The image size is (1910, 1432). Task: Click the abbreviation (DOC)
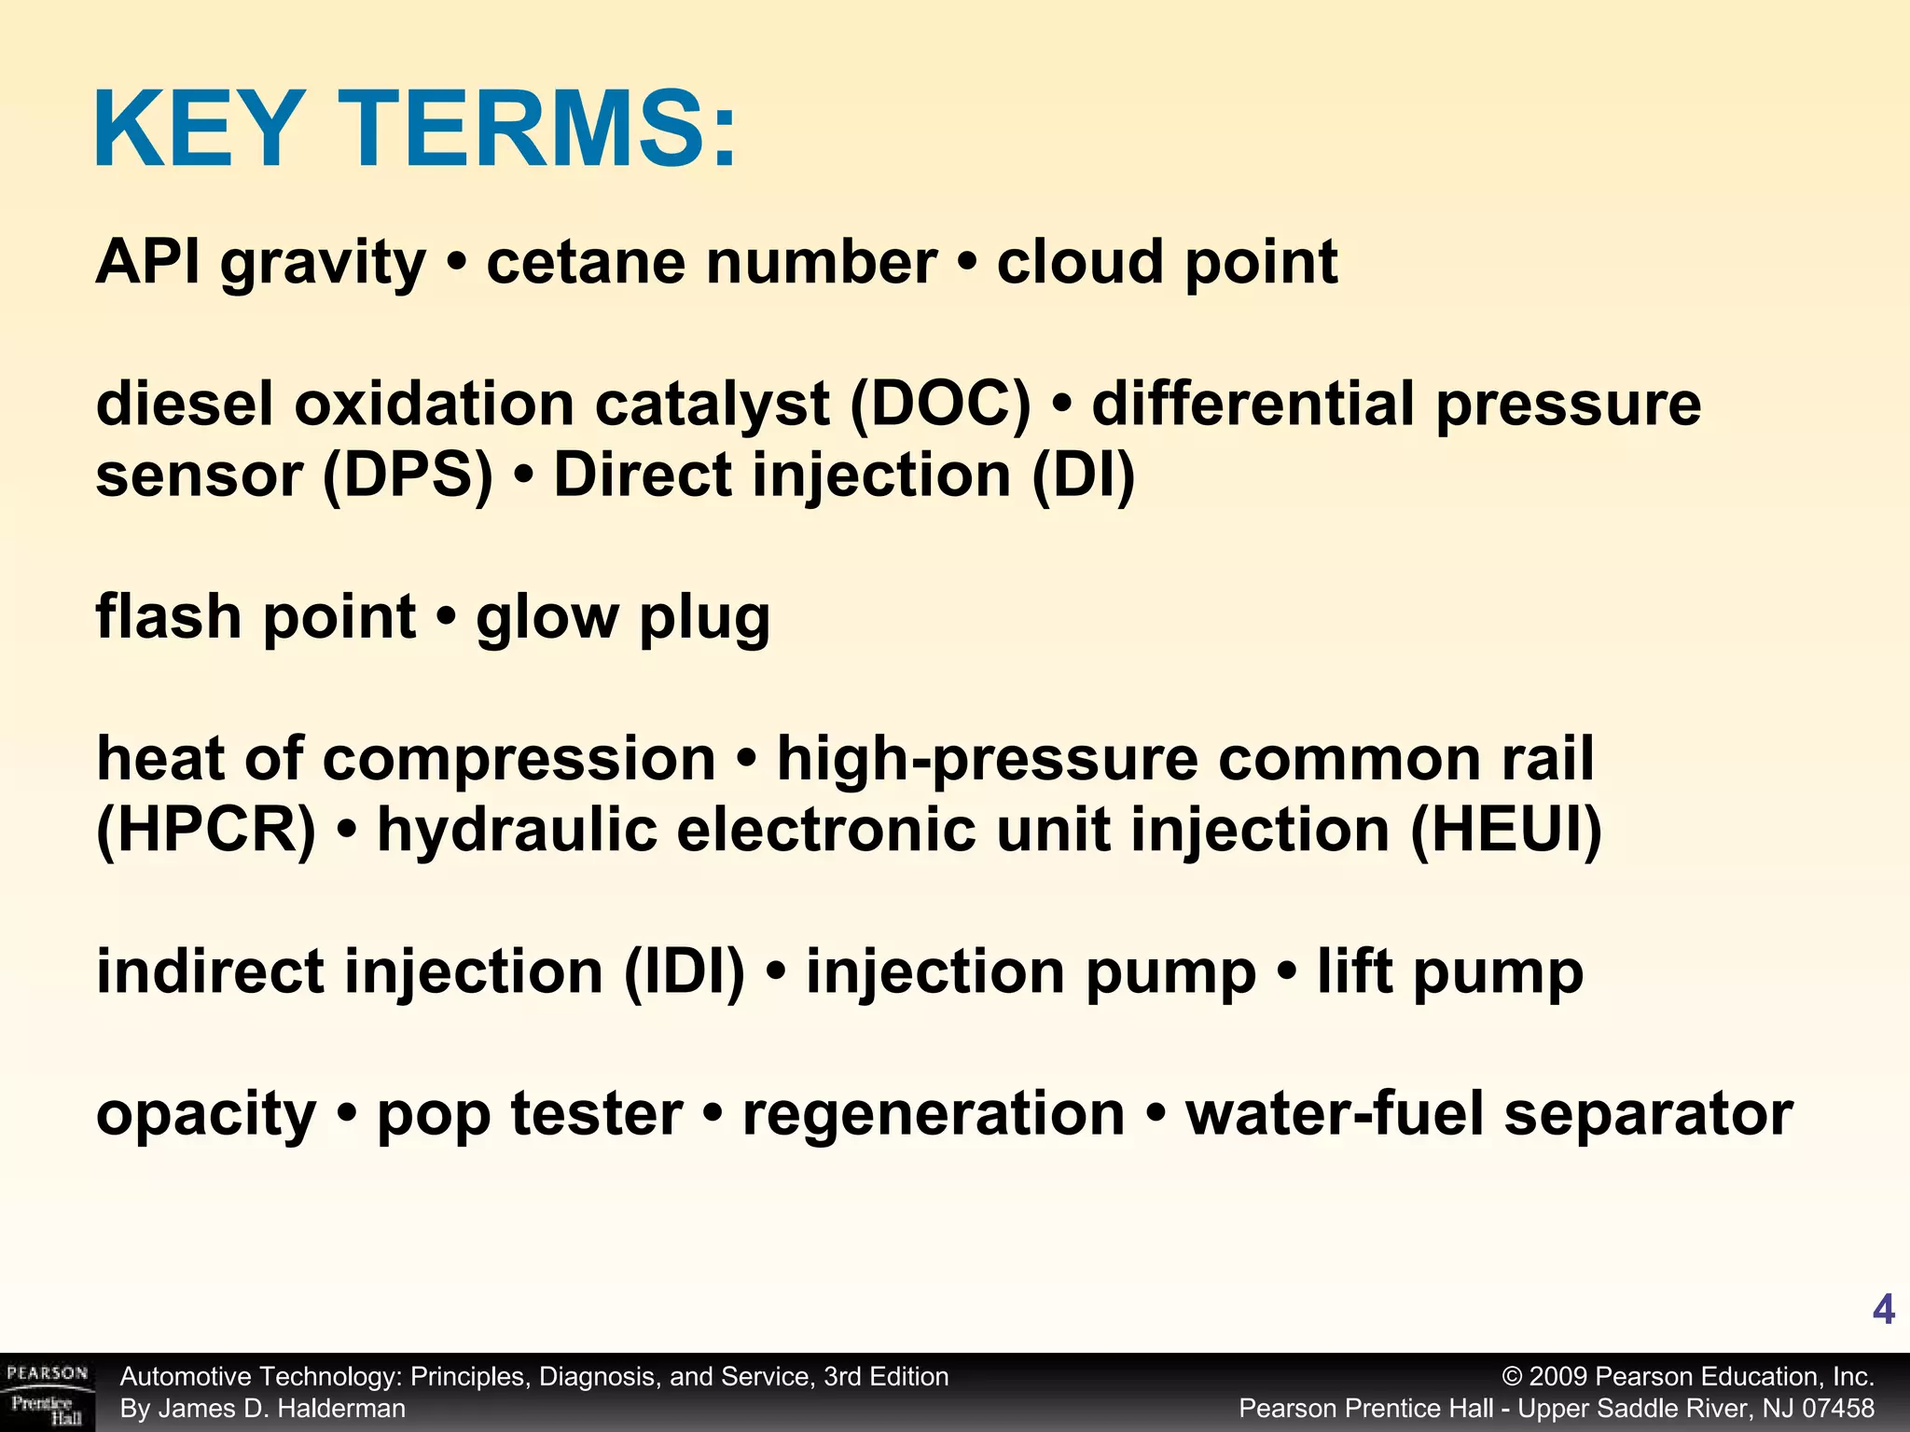(x=940, y=405)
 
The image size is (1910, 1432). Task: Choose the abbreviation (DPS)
(x=408, y=475)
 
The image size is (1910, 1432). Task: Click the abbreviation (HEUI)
(x=1505, y=830)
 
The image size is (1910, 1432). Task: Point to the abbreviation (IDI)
(x=685, y=972)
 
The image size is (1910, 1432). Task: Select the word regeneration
(x=934, y=1114)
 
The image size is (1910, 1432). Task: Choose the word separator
(x=1648, y=1114)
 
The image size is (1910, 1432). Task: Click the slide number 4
(x=1883, y=1310)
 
